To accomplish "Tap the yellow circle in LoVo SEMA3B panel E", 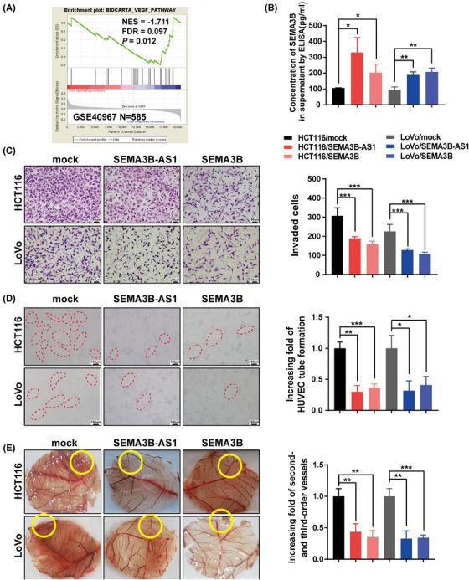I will click(221, 521).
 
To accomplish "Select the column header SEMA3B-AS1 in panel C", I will click(142, 157).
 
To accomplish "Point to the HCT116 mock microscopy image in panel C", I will click(63, 195).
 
